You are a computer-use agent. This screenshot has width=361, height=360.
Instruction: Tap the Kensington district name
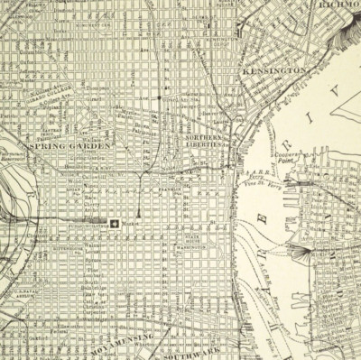coord(273,69)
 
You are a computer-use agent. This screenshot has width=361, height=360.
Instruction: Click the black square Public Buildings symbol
coord(115,222)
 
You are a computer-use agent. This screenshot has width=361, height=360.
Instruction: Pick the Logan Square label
coord(75,191)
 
